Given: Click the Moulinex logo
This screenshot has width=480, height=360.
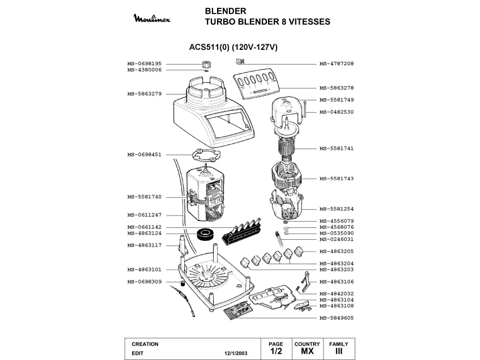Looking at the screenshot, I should pyautogui.click(x=155, y=20).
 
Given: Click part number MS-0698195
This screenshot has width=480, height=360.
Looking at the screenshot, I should pyautogui.click(x=145, y=63).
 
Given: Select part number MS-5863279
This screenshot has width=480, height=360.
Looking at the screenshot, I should pyautogui.click(x=145, y=94).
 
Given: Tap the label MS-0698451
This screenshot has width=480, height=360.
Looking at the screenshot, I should pyautogui.click(x=145, y=154).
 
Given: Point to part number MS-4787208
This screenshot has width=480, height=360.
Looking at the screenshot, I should pyautogui.click(x=337, y=63).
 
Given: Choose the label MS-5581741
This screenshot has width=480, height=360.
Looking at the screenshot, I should pyautogui.click(x=337, y=148).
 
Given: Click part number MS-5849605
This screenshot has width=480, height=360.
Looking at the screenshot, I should pyautogui.click(x=337, y=317).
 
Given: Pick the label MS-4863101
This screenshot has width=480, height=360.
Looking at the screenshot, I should pyautogui.click(x=145, y=269).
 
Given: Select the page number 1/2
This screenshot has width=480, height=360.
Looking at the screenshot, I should pyautogui.click(x=276, y=352).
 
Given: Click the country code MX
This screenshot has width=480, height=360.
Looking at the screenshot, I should pyautogui.click(x=307, y=352).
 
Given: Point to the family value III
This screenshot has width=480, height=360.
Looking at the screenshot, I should pyautogui.click(x=338, y=352).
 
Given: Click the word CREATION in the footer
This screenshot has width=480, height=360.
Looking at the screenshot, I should pyautogui.click(x=145, y=344).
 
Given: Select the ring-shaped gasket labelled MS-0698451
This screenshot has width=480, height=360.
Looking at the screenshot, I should pyautogui.click(x=205, y=155).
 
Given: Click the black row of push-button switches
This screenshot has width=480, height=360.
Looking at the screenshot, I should pyautogui.click(x=240, y=232).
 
